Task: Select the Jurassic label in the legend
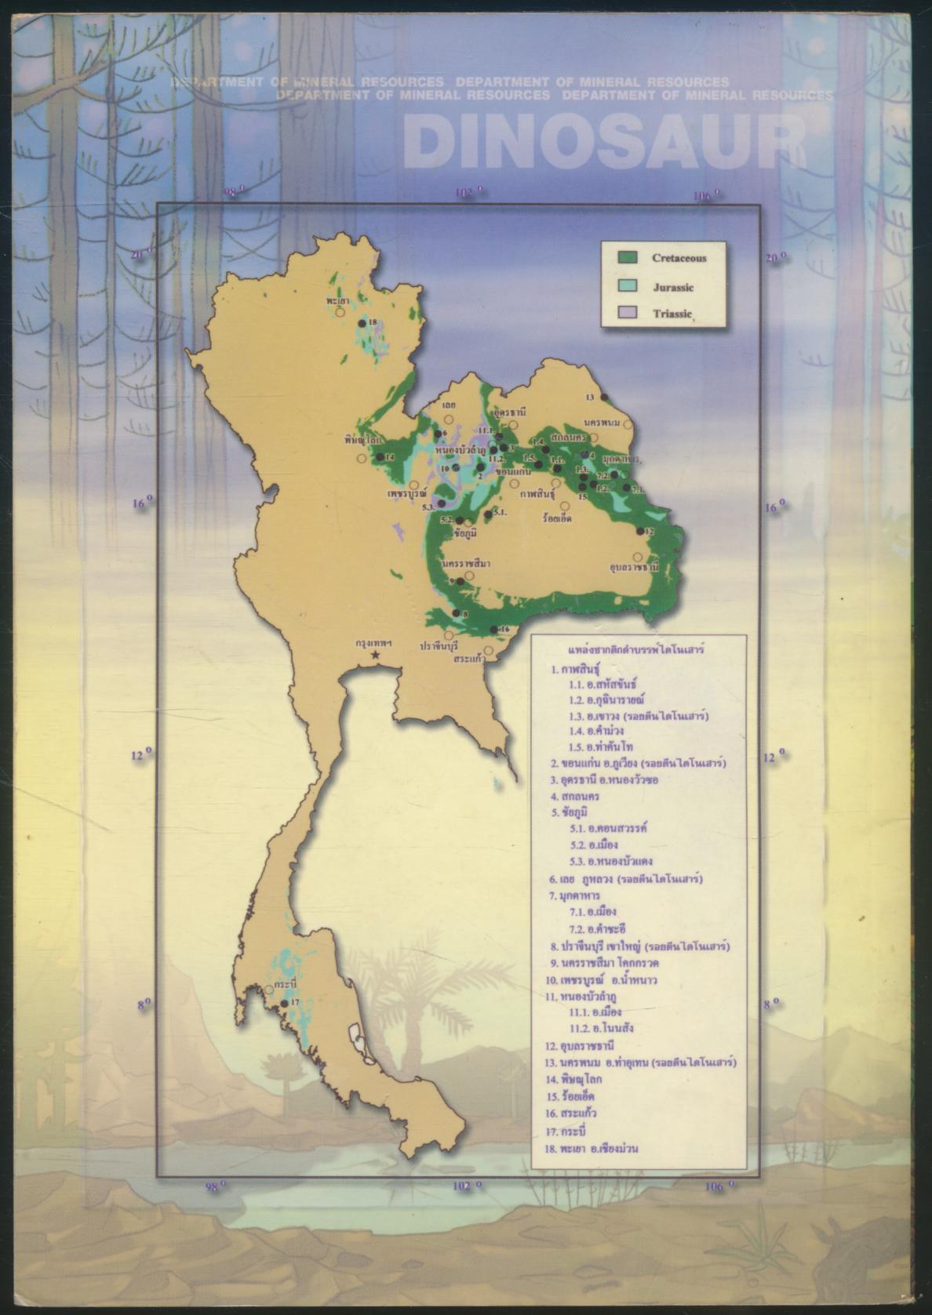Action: click(673, 288)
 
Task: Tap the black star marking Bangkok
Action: click(376, 655)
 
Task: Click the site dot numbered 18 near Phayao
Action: click(362, 323)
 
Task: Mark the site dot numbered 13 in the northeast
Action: click(604, 397)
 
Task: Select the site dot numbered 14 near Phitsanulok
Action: click(380, 456)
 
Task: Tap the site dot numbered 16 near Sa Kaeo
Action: click(493, 630)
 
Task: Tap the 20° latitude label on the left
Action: click(141, 255)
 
